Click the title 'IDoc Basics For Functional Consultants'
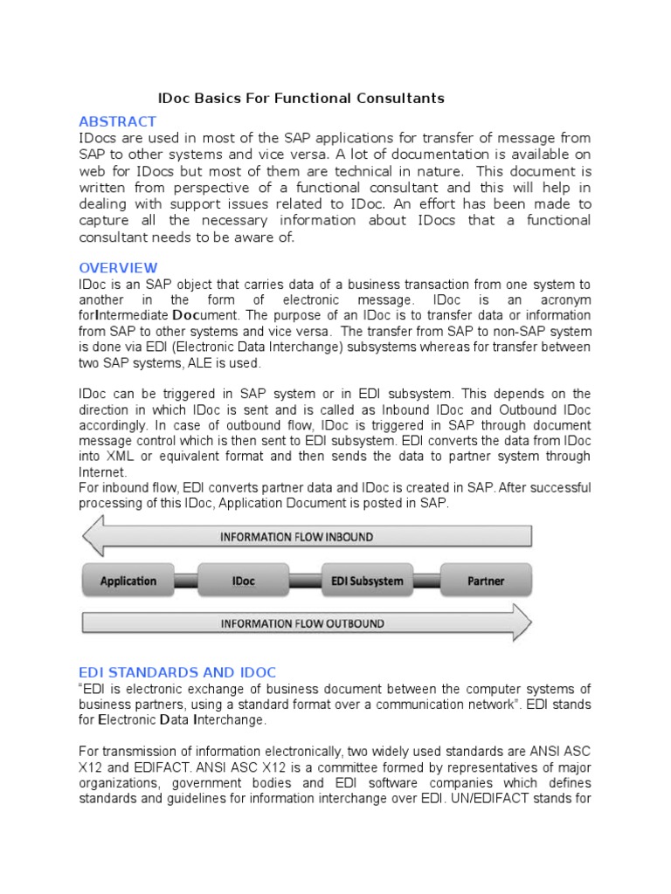[301, 98]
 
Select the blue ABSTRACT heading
[117, 121]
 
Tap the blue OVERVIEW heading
[118, 267]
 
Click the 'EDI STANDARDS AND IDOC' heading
[177, 671]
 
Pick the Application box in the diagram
[128, 581]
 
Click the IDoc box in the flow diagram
[245, 581]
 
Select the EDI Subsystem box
[367, 581]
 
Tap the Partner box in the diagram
[486, 581]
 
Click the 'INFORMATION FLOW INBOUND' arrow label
[296, 536]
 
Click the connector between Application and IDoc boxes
[187, 581]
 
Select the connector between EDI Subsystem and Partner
[427, 581]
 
